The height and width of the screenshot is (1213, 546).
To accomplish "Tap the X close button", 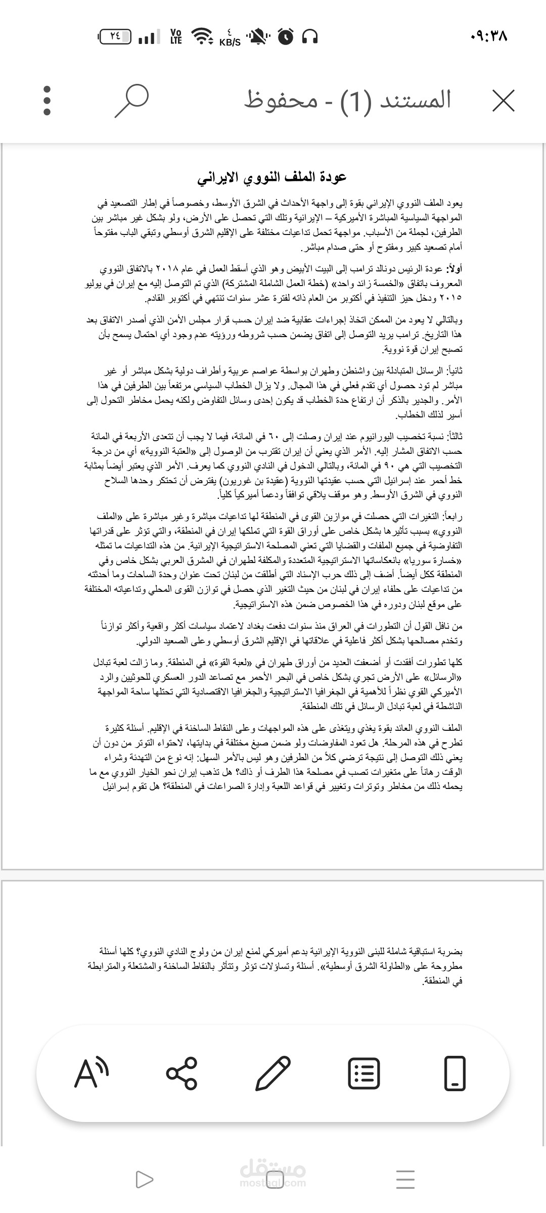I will click(x=504, y=101).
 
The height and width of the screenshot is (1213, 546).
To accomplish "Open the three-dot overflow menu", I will click(x=47, y=101).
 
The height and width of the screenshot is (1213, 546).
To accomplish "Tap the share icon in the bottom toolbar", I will click(x=181, y=1072).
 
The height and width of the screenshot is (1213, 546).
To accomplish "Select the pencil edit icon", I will click(x=273, y=1072).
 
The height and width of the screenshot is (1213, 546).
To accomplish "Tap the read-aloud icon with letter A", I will click(x=92, y=1072).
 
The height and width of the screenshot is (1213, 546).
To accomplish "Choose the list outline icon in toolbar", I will click(x=364, y=1072).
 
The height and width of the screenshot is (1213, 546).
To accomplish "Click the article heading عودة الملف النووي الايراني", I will click(x=272, y=177).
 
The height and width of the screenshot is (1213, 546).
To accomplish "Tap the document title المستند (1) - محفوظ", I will click(x=348, y=100).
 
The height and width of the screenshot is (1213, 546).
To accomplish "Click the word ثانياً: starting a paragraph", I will click(x=453, y=371).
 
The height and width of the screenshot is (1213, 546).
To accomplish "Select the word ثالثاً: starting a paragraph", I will click(x=453, y=436).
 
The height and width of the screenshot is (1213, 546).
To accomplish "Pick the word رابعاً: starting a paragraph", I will click(x=452, y=517).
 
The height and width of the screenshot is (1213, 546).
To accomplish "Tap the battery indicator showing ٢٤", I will click(x=115, y=36).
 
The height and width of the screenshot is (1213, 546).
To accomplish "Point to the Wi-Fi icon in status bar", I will click(x=202, y=36).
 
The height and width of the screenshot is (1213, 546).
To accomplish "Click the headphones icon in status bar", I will click(x=309, y=36).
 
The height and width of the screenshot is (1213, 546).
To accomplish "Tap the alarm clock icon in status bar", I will click(x=286, y=36).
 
